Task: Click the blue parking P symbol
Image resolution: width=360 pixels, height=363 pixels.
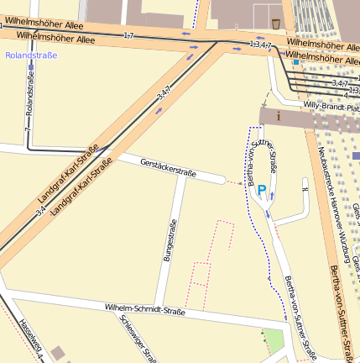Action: [262, 191]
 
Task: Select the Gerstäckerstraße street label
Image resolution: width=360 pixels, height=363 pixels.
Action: [168, 166]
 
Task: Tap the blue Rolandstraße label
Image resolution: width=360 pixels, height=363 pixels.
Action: [31, 55]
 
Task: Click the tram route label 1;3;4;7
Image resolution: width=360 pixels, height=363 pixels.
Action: [261, 44]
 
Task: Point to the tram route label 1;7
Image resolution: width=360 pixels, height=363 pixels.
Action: [128, 35]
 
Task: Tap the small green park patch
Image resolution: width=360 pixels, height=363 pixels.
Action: [274, 341]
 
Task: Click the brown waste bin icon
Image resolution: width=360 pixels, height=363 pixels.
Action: [277, 21]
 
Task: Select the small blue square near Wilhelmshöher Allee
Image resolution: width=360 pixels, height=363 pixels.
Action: [295, 61]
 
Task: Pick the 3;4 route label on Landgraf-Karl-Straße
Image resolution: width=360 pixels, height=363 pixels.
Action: [41, 209]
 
